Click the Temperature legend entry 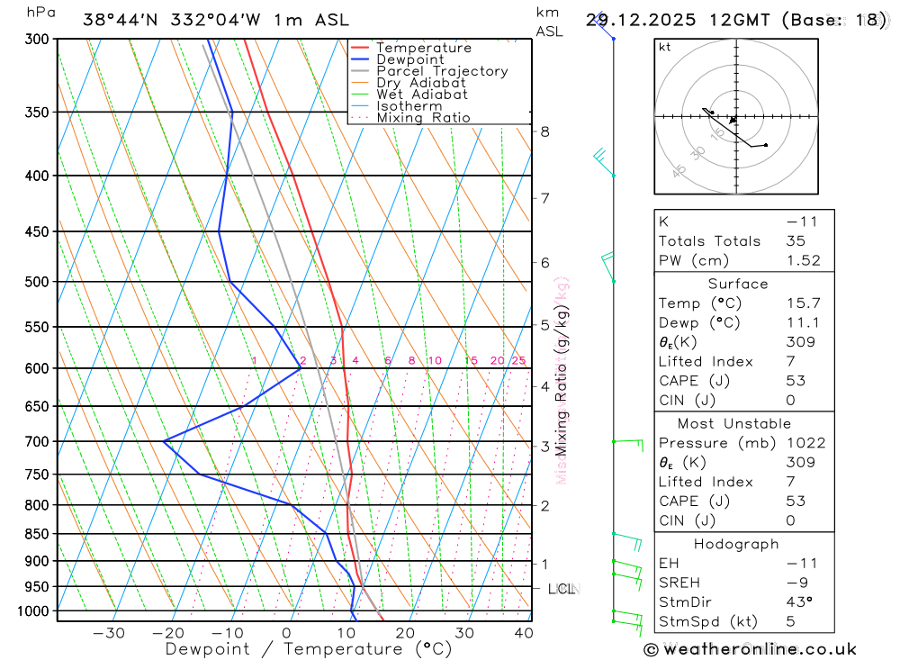(x=423, y=48)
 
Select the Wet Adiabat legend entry (x=421, y=95)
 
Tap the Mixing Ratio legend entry (x=423, y=118)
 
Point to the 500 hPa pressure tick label (x=38, y=282)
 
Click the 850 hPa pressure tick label (x=38, y=534)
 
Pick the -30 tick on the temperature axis (x=109, y=633)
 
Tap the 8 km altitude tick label (x=544, y=131)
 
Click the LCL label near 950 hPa (x=561, y=589)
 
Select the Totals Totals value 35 (x=794, y=240)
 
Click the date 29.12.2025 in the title (x=634, y=20)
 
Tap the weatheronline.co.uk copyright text (x=750, y=649)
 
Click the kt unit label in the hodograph (x=665, y=47)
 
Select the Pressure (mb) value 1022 (x=800, y=443)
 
